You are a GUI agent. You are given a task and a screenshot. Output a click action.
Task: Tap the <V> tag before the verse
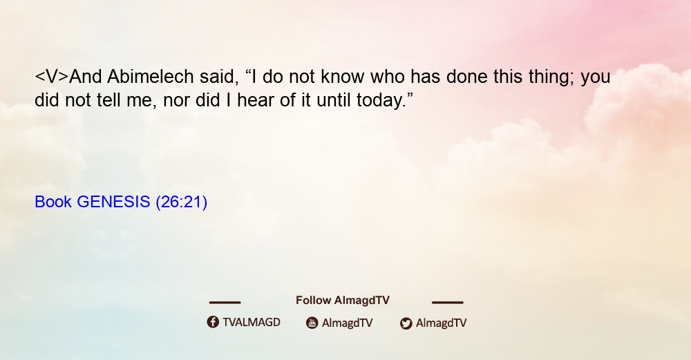point(52,77)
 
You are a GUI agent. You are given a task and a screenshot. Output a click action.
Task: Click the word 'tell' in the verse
point(108,100)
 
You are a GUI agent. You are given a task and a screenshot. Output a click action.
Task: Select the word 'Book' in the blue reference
point(53,202)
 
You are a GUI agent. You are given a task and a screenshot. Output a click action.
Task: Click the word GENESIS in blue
point(113,202)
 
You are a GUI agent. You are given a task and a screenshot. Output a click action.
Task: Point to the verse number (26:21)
point(182,202)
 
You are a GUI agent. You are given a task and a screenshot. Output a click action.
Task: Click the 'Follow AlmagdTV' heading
point(343,301)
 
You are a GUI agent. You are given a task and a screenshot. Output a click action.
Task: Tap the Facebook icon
point(213,322)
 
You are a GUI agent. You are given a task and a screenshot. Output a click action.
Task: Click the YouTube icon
point(312,323)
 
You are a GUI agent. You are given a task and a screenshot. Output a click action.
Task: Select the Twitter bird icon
point(406,323)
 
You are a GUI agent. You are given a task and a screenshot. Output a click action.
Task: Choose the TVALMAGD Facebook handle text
point(252,323)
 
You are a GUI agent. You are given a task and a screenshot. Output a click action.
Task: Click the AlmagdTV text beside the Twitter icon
point(441,323)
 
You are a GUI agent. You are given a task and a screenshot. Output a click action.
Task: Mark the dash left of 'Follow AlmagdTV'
point(225,303)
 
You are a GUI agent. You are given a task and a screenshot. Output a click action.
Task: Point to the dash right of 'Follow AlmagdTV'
point(447,303)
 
